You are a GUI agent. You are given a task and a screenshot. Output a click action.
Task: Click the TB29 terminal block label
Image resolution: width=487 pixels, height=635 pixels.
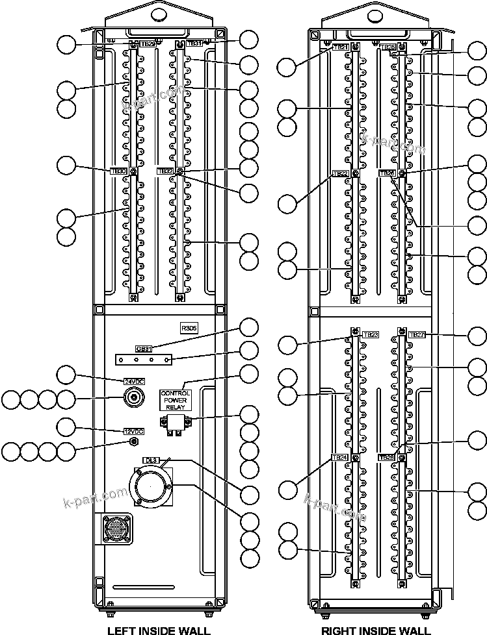148,44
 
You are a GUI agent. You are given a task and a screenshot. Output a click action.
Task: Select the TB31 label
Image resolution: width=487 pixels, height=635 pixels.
194,43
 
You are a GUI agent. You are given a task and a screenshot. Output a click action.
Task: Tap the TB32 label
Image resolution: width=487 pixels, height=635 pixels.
166,171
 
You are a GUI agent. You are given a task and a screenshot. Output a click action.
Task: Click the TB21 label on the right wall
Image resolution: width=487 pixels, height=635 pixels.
341,47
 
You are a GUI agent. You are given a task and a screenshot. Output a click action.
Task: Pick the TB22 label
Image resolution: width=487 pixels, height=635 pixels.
340,173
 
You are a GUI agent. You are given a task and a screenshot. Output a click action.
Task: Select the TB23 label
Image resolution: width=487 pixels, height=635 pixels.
371,334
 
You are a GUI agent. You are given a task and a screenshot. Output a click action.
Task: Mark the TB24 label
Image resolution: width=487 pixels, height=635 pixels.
339,458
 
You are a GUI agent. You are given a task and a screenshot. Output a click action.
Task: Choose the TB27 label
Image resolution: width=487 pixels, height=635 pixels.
417,334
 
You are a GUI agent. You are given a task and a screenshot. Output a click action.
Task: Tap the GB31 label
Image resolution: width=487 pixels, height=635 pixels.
144,348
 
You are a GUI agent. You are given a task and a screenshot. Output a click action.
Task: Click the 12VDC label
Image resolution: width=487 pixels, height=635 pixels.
133,431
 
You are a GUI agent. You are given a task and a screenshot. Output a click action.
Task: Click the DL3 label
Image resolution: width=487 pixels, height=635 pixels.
151,460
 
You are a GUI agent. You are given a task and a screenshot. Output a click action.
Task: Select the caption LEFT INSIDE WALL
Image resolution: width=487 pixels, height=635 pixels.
159,630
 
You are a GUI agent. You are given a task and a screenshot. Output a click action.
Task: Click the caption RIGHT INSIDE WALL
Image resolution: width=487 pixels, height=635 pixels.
376,630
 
